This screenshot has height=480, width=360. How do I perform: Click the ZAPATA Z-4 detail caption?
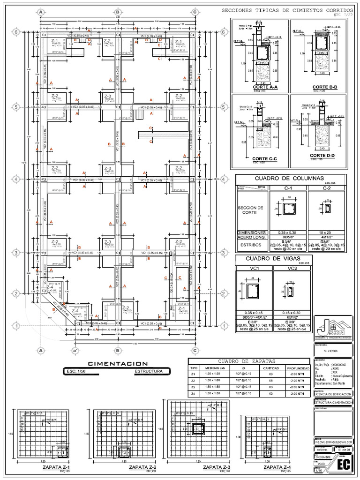point(277,467)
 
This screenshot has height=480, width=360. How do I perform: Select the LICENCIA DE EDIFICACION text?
point(331,395)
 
